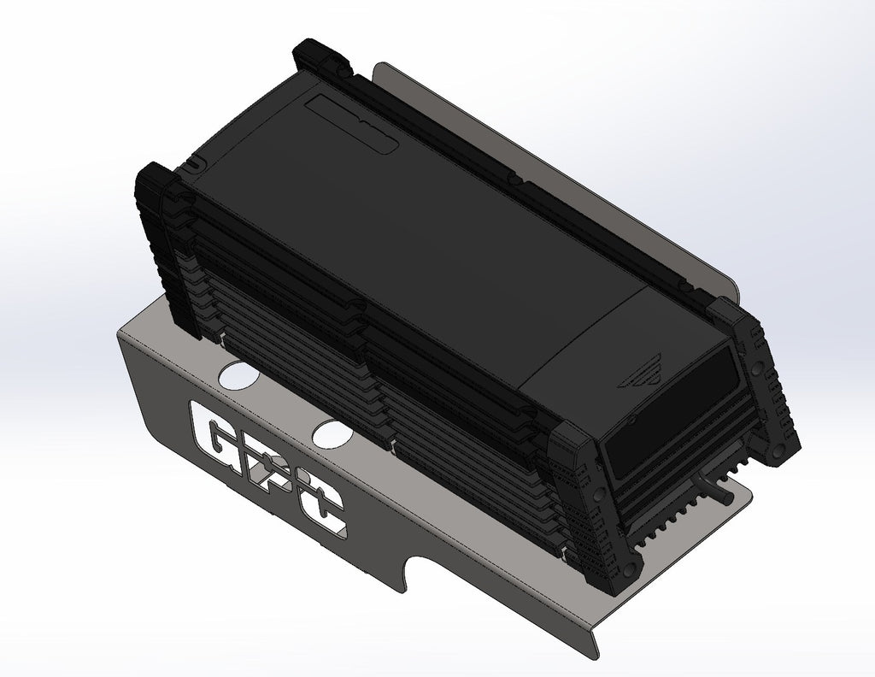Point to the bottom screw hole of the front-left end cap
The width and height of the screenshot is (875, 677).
point(630,567)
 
